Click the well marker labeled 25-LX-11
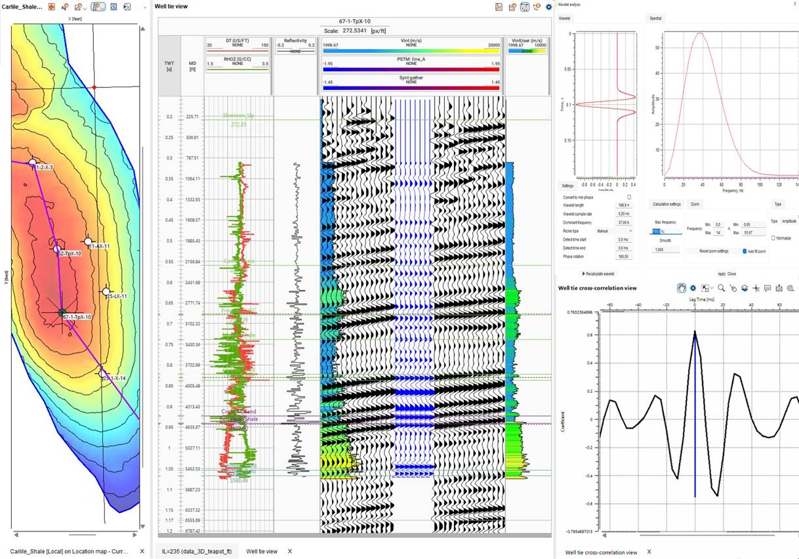106,291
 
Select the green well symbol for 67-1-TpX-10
62,313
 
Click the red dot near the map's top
94,87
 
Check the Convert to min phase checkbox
629,197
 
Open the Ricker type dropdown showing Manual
613,231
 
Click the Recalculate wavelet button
599,274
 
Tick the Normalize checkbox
773,238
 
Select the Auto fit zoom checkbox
745,251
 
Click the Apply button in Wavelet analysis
722,274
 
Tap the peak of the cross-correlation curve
695,331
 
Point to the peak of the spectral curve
701,33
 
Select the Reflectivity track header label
295,41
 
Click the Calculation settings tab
667,204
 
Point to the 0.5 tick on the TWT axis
169,241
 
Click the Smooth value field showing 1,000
665,250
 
